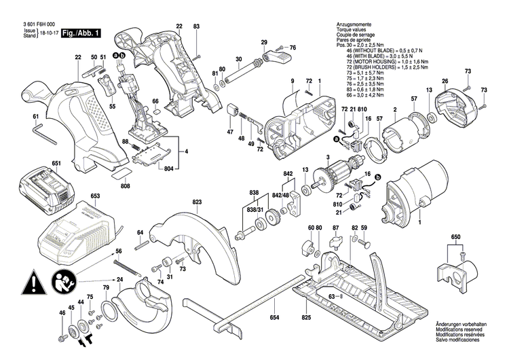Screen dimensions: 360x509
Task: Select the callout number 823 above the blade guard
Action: [x=197, y=202]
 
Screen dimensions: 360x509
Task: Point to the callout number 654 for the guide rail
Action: [x=274, y=318]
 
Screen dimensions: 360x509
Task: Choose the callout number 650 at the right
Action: [x=455, y=238]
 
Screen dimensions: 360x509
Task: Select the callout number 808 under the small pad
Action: [x=126, y=185]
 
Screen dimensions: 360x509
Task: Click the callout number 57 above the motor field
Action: [x=413, y=100]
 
